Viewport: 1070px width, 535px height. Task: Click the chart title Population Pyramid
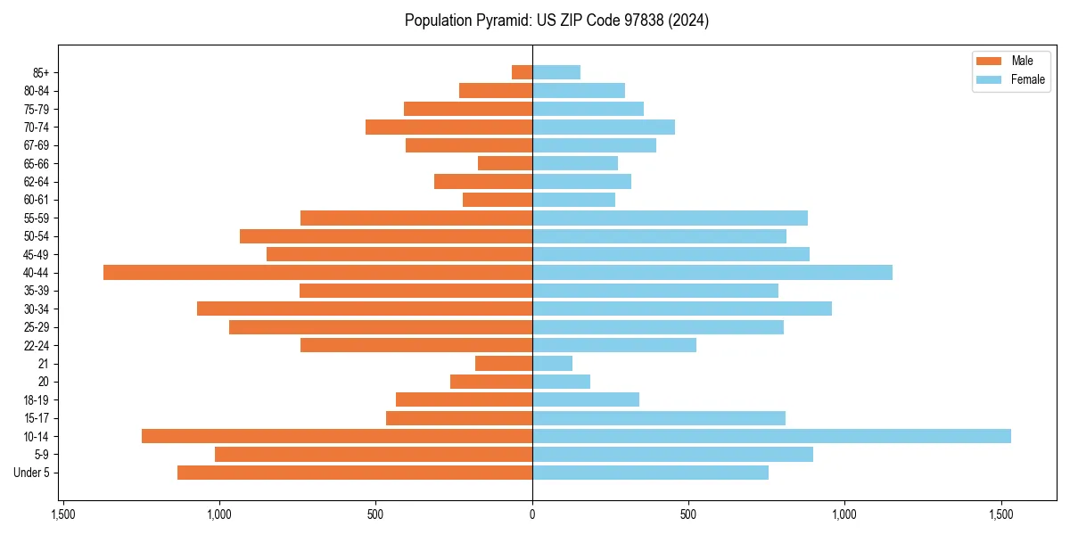pos(556,21)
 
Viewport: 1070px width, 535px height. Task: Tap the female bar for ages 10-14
pos(771,436)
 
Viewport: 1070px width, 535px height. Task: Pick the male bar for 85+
pos(522,72)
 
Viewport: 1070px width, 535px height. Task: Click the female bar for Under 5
pos(650,473)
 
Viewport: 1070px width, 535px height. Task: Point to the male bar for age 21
pos(504,364)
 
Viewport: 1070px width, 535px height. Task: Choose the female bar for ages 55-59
pos(670,218)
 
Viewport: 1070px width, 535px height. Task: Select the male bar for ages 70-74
pos(449,128)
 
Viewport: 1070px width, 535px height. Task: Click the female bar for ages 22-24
pos(614,345)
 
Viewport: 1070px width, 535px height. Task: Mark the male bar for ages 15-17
pos(459,418)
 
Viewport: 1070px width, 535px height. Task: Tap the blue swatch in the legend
pos(989,79)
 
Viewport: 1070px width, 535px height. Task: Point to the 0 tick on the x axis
pos(532,514)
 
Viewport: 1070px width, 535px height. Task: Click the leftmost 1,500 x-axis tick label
pos(62,514)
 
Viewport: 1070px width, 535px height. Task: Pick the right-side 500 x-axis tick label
pos(687,514)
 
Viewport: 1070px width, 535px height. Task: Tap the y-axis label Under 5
pos(32,473)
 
